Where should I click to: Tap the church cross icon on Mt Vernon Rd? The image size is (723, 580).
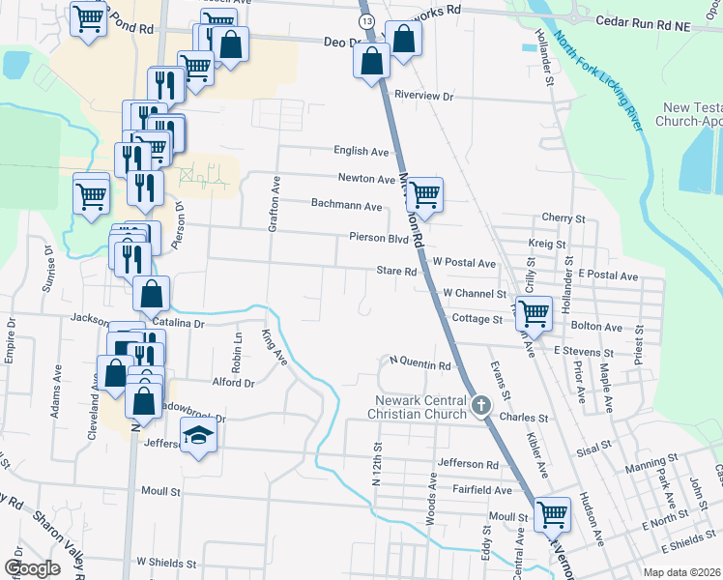click(480, 407)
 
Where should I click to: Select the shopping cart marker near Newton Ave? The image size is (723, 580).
click(423, 194)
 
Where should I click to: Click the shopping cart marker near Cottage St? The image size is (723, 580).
click(534, 312)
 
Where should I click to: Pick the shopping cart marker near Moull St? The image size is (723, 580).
click(552, 513)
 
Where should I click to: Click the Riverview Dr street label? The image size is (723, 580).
click(424, 97)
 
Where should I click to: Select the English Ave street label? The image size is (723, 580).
click(361, 152)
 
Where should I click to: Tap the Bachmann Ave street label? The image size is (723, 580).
click(347, 205)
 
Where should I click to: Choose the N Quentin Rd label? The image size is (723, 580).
click(420, 365)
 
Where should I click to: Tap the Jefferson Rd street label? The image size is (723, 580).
click(467, 464)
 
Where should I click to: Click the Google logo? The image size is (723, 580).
click(32, 568)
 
